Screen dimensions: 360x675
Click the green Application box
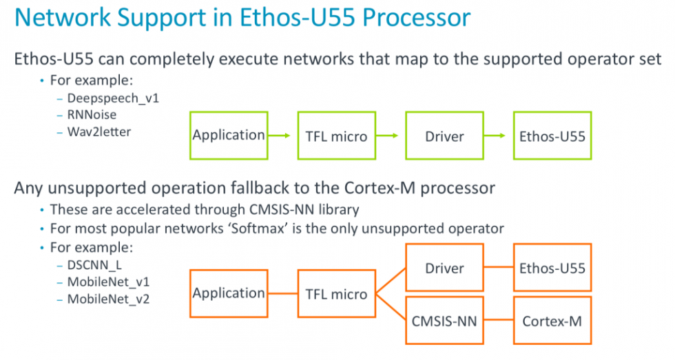point(229,136)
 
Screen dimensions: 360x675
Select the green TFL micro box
point(336,136)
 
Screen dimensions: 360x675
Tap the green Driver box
point(444,136)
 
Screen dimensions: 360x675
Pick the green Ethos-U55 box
point(552,136)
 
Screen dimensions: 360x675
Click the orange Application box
point(229,293)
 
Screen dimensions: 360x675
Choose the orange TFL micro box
point(336,294)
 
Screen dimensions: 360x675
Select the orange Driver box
point(444,268)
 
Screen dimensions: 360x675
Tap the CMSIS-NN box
point(444,320)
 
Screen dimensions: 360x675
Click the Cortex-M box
point(552,320)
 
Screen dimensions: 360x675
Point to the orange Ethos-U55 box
point(552,268)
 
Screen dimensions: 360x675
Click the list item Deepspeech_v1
point(113,98)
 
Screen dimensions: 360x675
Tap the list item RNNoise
point(92,114)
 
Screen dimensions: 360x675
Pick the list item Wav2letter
point(98,130)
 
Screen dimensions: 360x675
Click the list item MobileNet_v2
point(108,299)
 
